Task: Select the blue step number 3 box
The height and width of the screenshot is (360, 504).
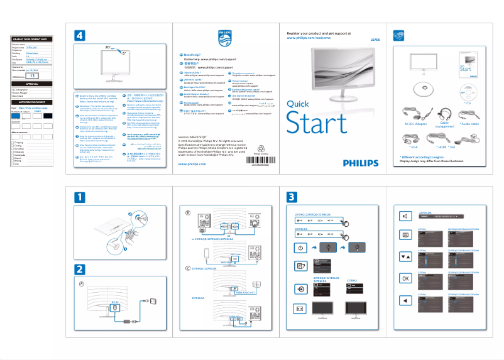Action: (x=292, y=197)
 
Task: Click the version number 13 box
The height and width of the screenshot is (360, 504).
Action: (x=35, y=75)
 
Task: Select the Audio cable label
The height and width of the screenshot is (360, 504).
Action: (x=470, y=124)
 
